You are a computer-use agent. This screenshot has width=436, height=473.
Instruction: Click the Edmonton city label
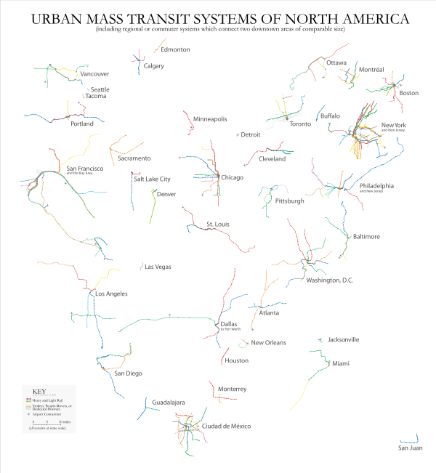point(176,50)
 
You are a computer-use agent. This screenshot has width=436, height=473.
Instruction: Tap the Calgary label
point(154,66)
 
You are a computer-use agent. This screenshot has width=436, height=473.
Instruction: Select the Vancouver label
point(94,74)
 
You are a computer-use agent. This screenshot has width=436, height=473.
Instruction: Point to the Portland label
point(82,124)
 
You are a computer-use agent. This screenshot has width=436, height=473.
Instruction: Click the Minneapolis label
point(211,119)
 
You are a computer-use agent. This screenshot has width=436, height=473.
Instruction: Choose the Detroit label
point(251,135)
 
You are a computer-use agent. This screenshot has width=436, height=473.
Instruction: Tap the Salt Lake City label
point(153,179)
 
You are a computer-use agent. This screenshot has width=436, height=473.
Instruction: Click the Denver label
point(166,195)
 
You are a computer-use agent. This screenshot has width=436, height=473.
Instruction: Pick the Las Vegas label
point(158,267)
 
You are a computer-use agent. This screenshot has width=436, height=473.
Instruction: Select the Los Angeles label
point(112,294)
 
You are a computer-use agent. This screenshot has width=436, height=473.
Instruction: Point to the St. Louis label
point(218,225)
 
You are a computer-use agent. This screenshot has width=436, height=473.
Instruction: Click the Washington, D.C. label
point(329,280)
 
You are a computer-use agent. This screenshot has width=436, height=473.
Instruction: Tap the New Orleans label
point(269,343)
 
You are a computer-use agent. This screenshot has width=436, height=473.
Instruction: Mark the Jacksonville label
point(344,339)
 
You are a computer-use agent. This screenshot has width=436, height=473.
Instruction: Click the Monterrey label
point(233,389)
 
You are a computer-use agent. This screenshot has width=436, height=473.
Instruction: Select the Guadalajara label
point(169,402)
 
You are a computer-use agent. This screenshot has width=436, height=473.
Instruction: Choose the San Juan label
point(410,448)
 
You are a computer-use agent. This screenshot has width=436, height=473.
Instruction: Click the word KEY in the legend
point(40,392)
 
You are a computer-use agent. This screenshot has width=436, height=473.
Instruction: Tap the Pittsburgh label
point(290,201)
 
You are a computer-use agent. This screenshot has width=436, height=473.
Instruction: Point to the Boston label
point(409,93)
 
